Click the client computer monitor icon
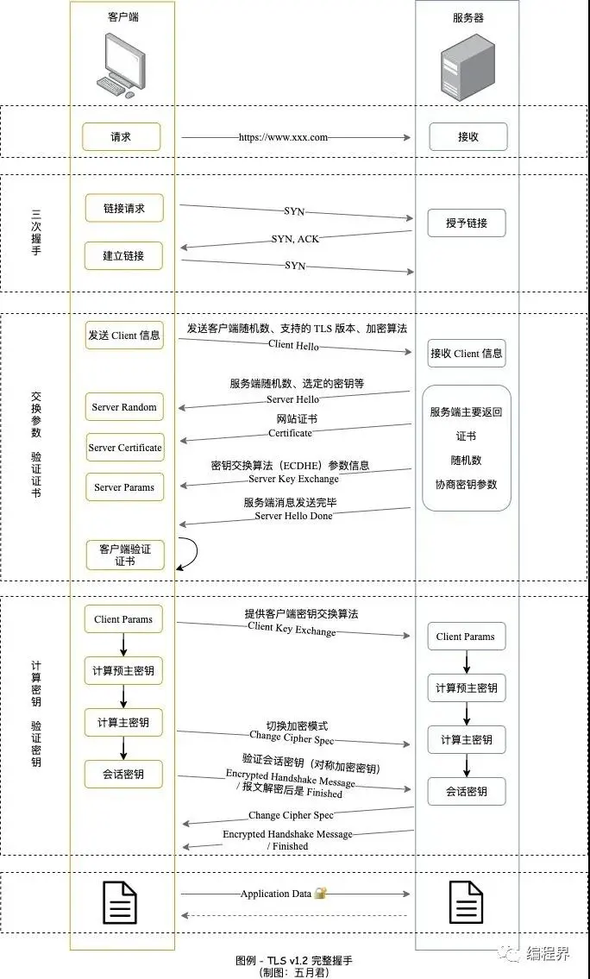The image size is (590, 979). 122,66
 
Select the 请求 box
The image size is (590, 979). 121,137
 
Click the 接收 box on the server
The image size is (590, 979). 468,137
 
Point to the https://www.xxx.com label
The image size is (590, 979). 283,137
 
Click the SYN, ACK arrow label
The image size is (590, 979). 295,239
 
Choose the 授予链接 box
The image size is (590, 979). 467,223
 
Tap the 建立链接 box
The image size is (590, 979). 123,256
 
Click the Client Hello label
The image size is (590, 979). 293,345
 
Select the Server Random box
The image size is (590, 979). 124,407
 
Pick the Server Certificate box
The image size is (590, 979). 125,448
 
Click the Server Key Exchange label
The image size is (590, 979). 293,479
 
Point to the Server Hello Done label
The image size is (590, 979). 293,516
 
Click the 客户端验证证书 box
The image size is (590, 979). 125,555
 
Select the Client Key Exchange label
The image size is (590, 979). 292,629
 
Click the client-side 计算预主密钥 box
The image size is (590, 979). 123,670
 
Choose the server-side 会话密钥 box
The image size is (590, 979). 467,792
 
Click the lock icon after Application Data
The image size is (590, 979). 320,893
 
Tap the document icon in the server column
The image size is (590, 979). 467,902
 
